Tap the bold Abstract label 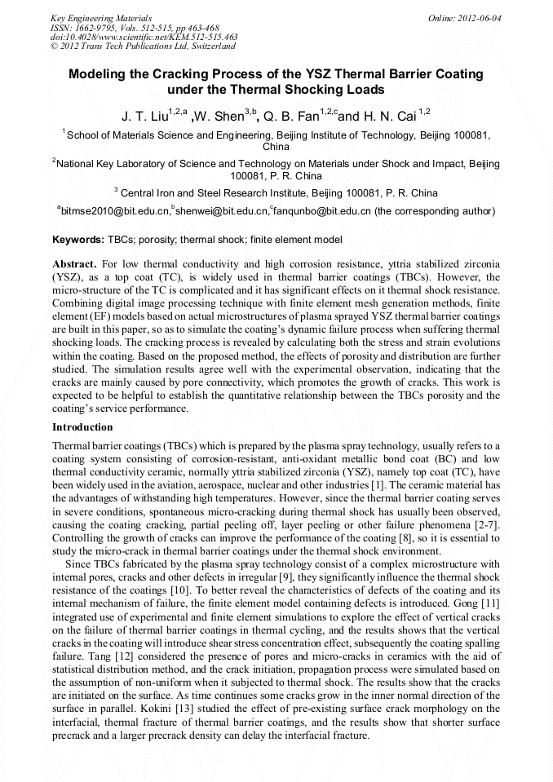tap(75, 266)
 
